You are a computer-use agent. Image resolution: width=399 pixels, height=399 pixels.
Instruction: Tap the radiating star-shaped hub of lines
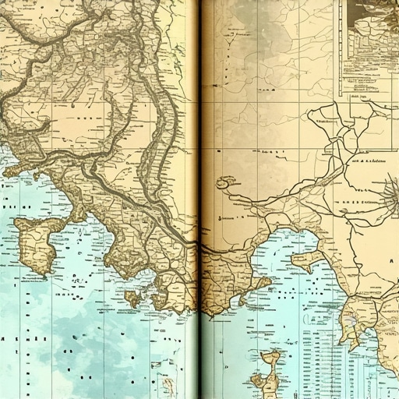pos(389,191)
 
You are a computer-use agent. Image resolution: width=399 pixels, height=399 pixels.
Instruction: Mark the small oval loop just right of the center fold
pos(226,183)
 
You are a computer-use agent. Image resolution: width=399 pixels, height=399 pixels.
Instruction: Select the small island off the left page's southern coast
pos(132,298)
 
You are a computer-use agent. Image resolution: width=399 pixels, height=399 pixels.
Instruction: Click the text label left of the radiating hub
pos(366,160)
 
